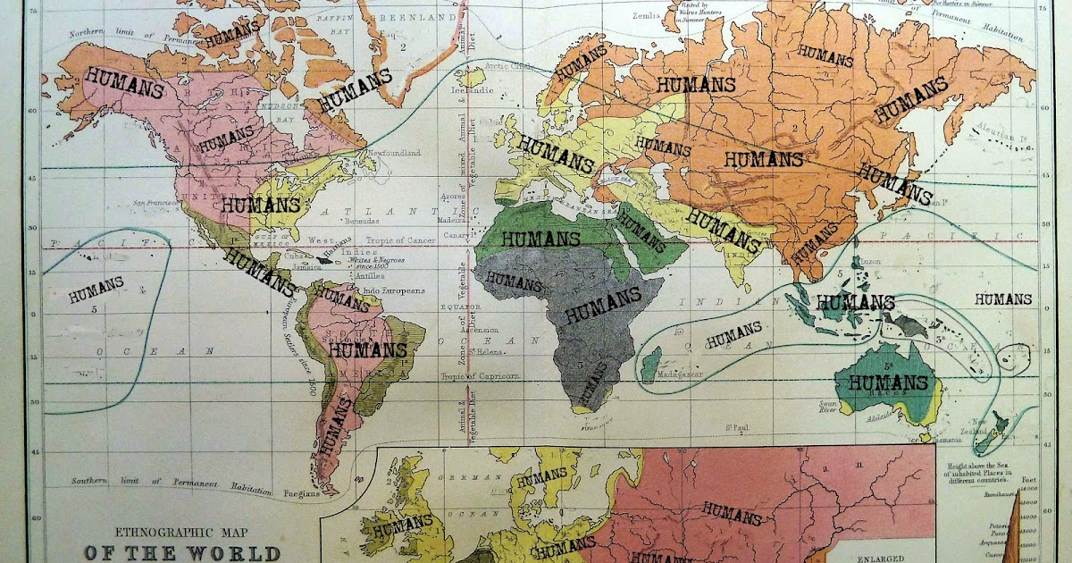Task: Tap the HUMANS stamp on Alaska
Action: click(124, 88)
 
